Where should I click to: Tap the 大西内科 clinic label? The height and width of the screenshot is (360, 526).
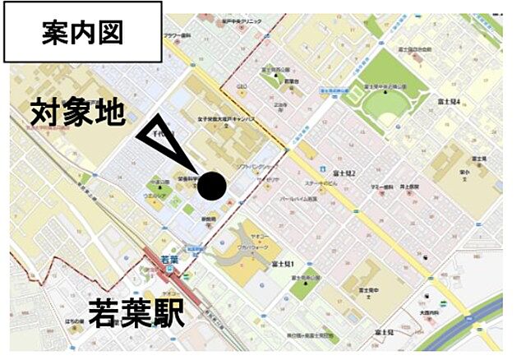click(x=432, y=312)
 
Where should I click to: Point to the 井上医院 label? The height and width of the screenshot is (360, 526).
click(x=407, y=187)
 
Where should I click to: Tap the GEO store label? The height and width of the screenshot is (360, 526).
click(x=242, y=85)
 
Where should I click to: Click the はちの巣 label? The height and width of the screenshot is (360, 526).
click(x=76, y=320)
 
